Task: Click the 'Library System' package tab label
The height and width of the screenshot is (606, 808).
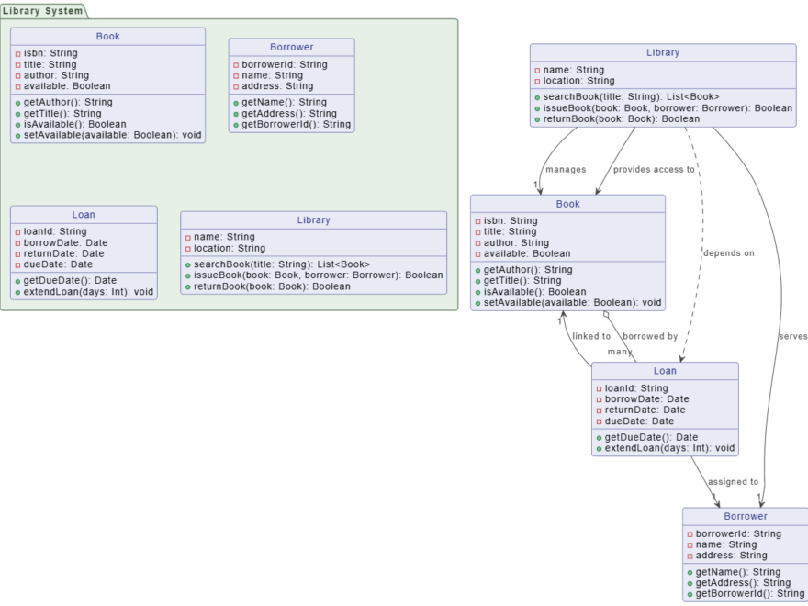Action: click(x=42, y=11)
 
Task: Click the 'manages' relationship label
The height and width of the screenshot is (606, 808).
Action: click(x=565, y=169)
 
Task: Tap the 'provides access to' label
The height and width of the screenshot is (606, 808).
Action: click(x=654, y=169)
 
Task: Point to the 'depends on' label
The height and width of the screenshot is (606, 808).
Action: click(x=729, y=252)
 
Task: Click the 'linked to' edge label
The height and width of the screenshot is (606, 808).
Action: click(x=591, y=336)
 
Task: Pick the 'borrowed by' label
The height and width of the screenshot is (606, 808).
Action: click(x=650, y=336)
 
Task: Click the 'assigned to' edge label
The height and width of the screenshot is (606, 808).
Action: click(x=733, y=481)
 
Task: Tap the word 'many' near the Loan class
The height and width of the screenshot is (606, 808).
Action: click(x=620, y=352)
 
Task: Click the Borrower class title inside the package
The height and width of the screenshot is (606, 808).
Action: click(x=291, y=47)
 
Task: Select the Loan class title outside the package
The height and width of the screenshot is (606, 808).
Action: click(x=665, y=371)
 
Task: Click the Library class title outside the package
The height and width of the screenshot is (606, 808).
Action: click(x=663, y=52)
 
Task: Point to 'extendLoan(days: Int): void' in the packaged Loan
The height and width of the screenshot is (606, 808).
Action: click(x=88, y=292)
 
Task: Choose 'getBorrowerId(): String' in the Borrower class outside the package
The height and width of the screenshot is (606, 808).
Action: click(x=749, y=594)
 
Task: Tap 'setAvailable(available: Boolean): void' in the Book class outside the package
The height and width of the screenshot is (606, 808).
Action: click(x=572, y=302)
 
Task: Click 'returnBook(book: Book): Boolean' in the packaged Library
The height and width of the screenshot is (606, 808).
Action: click(x=272, y=286)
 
